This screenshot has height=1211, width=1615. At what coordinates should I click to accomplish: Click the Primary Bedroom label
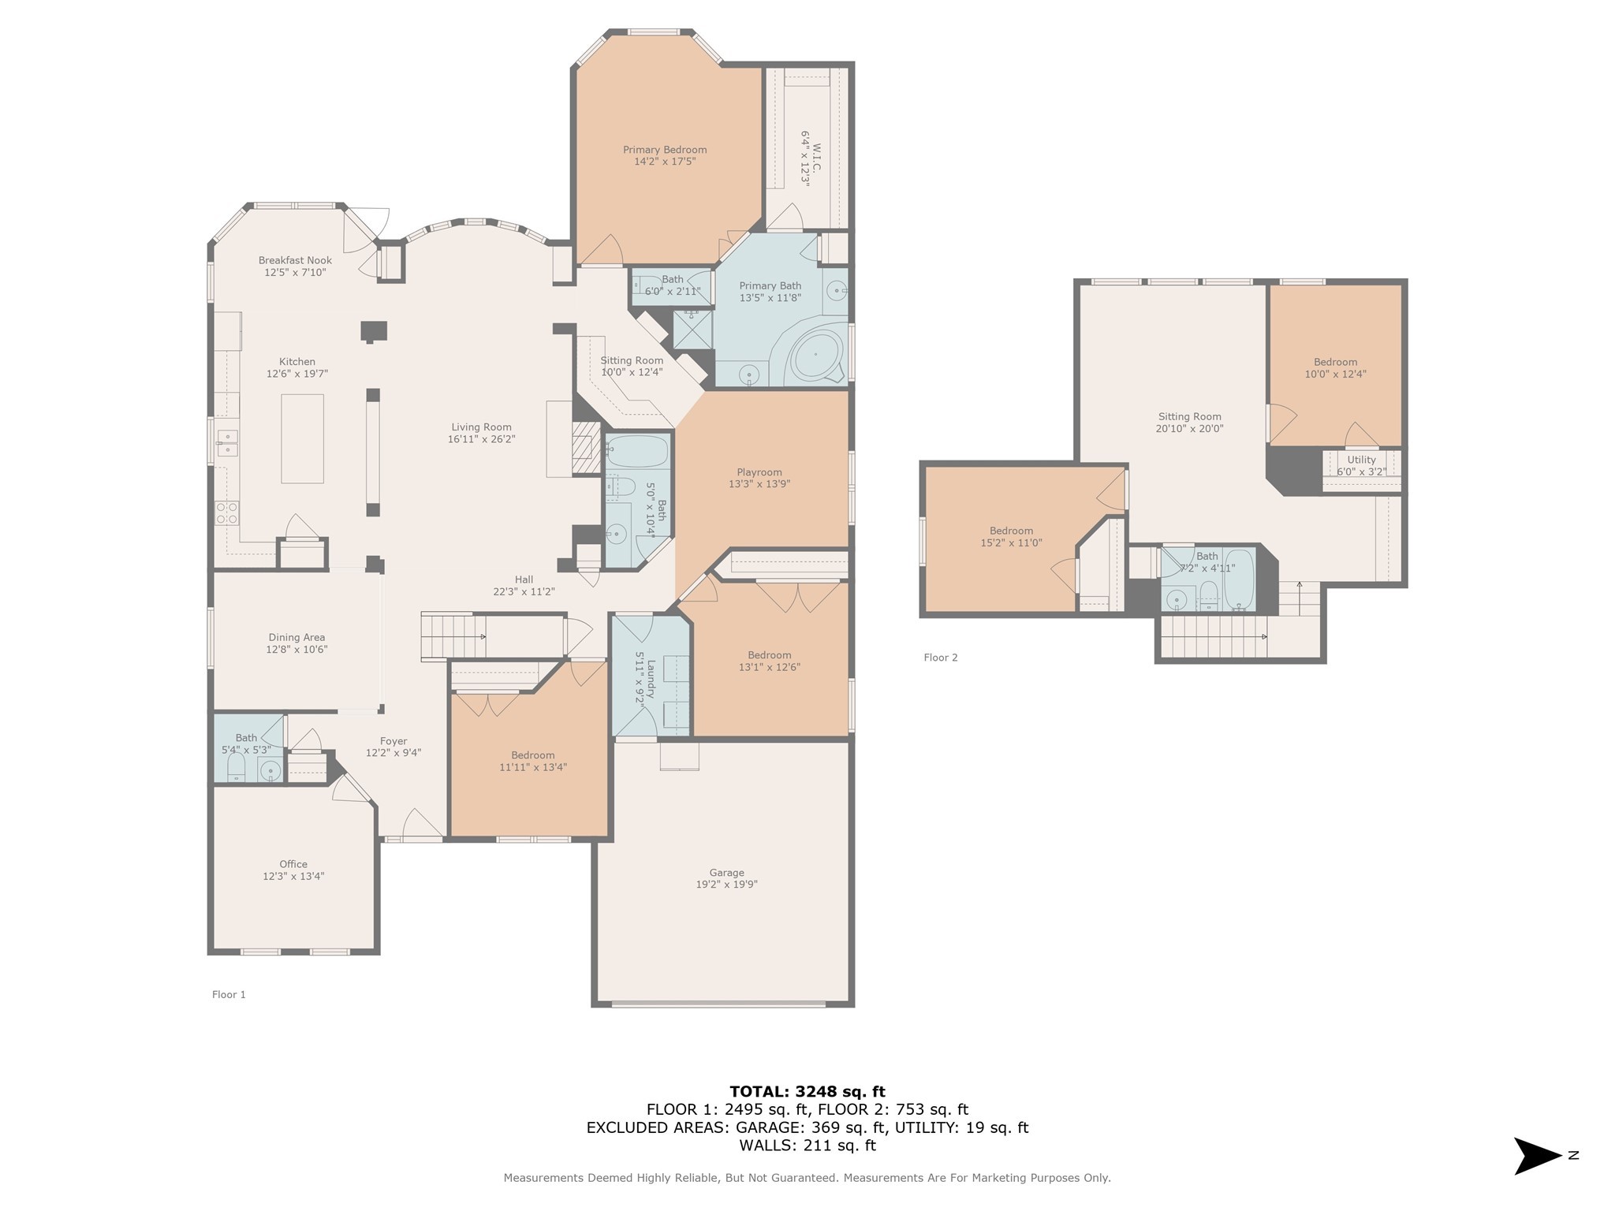(664, 150)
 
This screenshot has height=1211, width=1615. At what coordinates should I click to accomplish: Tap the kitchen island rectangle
(302, 438)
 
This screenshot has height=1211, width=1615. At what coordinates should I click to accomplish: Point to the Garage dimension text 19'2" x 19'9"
(726, 885)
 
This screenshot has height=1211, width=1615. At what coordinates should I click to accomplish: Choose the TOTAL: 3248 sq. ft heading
(807, 1092)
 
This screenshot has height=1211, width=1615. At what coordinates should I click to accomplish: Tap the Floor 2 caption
(940, 658)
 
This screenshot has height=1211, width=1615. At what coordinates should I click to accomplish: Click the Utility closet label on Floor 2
(1361, 460)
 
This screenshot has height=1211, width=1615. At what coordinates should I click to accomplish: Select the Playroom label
(759, 472)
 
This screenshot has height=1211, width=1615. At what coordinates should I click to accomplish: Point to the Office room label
(293, 864)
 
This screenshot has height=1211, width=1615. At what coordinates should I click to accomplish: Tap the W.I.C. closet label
(816, 158)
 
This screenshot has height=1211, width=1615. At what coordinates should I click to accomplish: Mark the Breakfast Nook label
(295, 260)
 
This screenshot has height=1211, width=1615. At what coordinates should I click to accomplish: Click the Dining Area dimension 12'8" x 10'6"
(297, 650)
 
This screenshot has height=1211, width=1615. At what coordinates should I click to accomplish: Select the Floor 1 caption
(229, 995)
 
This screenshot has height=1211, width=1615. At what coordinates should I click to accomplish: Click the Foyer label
(393, 741)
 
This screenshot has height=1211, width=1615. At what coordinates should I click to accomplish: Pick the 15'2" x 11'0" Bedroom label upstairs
(1011, 531)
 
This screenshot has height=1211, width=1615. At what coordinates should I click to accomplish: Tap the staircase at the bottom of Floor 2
(1214, 636)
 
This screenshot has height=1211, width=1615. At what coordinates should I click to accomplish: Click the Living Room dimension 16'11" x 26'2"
(481, 439)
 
